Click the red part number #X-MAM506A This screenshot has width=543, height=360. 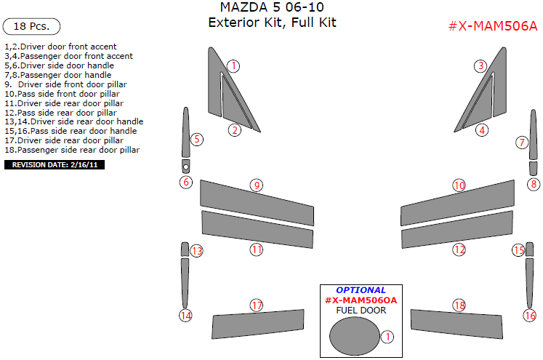[x=493, y=26]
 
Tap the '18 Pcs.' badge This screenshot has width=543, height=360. [x=31, y=26]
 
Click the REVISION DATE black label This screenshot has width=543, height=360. [x=55, y=165]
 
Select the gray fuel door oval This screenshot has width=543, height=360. [x=353, y=337]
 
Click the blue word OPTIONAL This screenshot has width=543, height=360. [x=361, y=290]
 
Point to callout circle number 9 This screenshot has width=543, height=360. [x=256, y=185]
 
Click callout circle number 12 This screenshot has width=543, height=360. [x=459, y=249]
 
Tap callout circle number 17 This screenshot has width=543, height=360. [x=256, y=305]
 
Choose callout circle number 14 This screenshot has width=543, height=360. [x=186, y=316]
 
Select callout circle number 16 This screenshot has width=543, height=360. [x=529, y=316]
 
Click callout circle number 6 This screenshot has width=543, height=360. [x=186, y=182]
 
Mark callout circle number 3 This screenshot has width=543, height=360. [x=480, y=66]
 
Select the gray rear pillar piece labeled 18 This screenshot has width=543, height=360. [x=456, y=322]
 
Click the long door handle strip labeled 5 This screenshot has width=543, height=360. [x=185, y=131]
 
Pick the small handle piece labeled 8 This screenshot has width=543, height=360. [x=534, y=169]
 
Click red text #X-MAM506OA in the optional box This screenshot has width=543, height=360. [x=361, y=300]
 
